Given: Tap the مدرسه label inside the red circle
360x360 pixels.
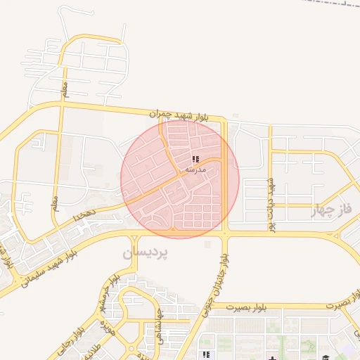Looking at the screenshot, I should (x=195, y=170).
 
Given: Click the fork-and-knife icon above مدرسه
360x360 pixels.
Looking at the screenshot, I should (x=195, y=159).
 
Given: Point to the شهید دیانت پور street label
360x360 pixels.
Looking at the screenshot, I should (x=269, y=204).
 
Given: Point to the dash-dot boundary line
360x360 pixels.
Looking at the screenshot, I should (x=330, y=4).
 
